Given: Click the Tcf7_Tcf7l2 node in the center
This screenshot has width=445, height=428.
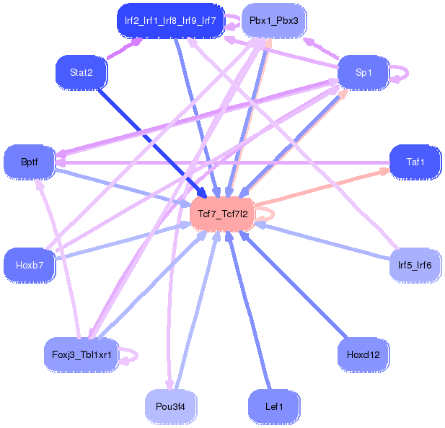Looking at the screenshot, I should pyautogui.click(x=223, y=214).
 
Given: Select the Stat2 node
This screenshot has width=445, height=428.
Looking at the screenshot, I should pyautogui.click(x=81, y=72).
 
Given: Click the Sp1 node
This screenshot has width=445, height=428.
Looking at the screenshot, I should pyautogui.click(x=364, y=72).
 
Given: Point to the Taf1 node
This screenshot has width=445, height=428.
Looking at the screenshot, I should pyautogui.click(x=415, y=162).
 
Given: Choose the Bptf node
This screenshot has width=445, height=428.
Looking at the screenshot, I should pyautogui.click(x=30, y=162).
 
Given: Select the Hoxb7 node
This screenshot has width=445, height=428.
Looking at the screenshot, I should pyautogui.click(x=30, y=265).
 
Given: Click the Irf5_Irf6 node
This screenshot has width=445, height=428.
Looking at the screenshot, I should pyautogui.click(x=415, y=265).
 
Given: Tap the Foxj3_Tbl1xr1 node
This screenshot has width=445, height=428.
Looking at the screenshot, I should pyautogui.click(x=81, y=354).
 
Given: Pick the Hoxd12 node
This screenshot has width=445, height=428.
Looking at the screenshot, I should pyautogui.click(x=364, y=354).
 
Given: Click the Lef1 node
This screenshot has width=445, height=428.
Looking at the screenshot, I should pyautogui.click(x=274, y=406).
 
